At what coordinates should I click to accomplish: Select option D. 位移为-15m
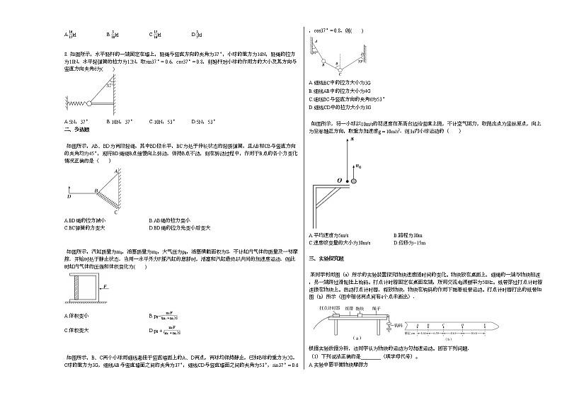tap(411, 242)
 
